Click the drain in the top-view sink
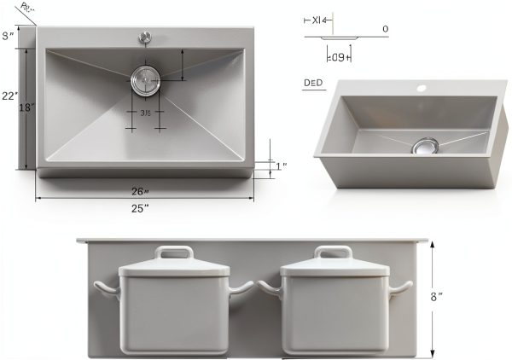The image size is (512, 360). pyautogui.click(x=146, y=82)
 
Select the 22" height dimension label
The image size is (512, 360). pyautogui.click(x=9, y=96)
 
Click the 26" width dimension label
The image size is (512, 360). pyautogui.click(x=140, y=191)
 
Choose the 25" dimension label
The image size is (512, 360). pyautogui.click(x=140, y=207)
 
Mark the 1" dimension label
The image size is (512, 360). pyautogui.click(x=282, y=165)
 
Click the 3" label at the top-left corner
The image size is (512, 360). pyautogui.click(x=8, y=35)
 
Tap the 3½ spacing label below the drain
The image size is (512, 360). pyautogui.click(x=145, y=113)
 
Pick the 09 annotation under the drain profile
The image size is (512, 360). pyautogui.click(x=340, y=57)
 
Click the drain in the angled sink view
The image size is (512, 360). pyautogui.click(x=423, y=146)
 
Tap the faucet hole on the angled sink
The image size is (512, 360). pyautogui.click(x=420, y=88)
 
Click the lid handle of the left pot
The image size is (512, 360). pyautogui.click(x=173, y=253)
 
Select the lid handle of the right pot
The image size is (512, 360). pyautogui.click(x=334, y=253)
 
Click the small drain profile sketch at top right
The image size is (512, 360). pyautogui.click(x=345, y=37)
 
